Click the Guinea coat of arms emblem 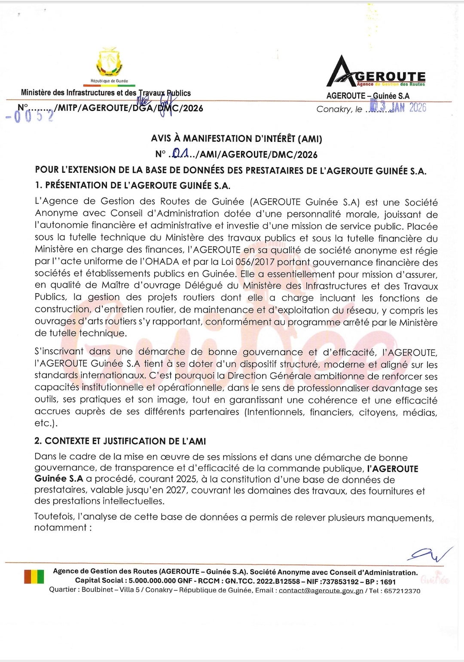click(x=109, y=62)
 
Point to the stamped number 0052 click(x=30, y=116)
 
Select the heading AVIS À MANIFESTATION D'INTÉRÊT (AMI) click(x=236, y=138)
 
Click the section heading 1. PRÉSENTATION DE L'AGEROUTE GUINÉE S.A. click(x=133, y=186)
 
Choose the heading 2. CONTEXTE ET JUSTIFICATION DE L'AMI click(x=120, y=441)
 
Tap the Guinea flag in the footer click(x=34, y=576)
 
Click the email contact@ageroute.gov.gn click(x=321, y=591)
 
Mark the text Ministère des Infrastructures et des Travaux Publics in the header click(x=106, y=93)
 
